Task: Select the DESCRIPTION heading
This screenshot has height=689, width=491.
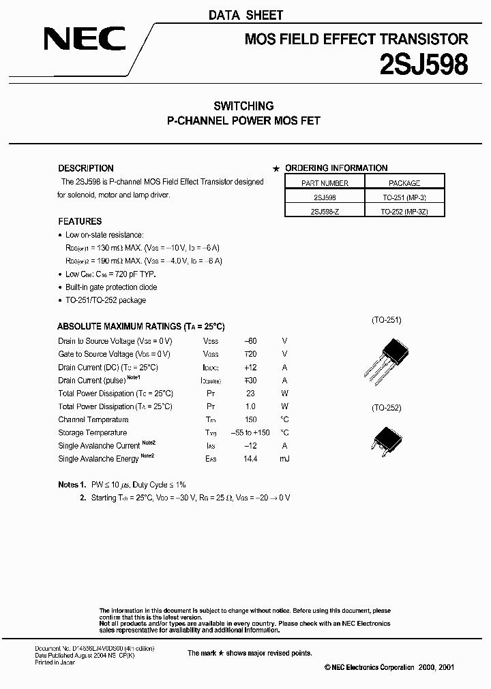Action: point(86,168)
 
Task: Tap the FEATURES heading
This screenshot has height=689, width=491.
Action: point(80,221)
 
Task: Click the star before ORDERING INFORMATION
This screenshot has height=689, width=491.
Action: point(276,169)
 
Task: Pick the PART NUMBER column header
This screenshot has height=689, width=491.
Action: point(325,183)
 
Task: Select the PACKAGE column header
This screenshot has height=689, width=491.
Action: point(404,183)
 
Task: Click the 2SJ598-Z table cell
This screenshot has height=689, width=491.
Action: point(325,211)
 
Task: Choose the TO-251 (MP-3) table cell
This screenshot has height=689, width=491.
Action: point(404,197)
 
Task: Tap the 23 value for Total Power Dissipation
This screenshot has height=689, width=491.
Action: point(250,394)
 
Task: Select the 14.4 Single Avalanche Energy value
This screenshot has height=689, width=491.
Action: point(250,459)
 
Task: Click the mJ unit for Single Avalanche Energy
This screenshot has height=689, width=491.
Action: point(284,459)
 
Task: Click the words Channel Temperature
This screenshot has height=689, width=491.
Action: point(93,420)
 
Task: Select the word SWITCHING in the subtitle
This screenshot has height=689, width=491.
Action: point(243,106)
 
